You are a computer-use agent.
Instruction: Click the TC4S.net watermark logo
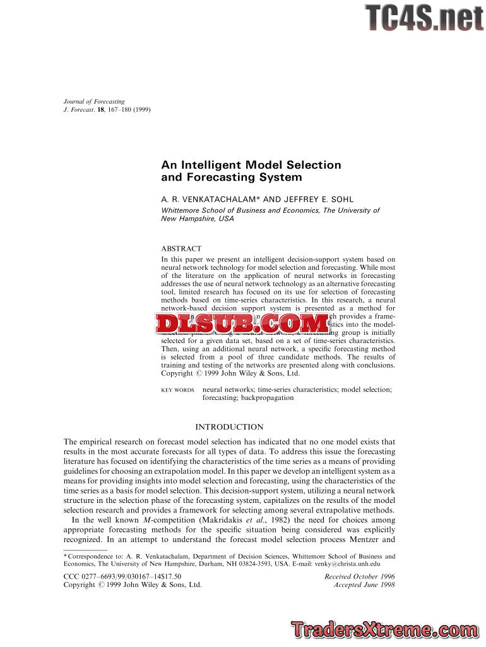[x=424, y=18]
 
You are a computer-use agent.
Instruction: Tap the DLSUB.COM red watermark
[x=243, y=324]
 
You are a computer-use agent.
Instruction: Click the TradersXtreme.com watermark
[x=384, y=629]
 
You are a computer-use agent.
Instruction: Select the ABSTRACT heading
[x=181, y=249]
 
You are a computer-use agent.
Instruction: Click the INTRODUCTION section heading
[x=229, y=427]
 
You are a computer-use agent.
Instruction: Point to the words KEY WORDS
[x=178, y=390]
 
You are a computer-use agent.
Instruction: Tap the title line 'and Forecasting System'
[x=223, y=178]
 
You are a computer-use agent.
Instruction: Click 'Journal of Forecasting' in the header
[x=94, y=101]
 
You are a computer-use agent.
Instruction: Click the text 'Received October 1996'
[x=360, y=576]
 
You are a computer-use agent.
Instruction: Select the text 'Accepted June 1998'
[x=364, y=585]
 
